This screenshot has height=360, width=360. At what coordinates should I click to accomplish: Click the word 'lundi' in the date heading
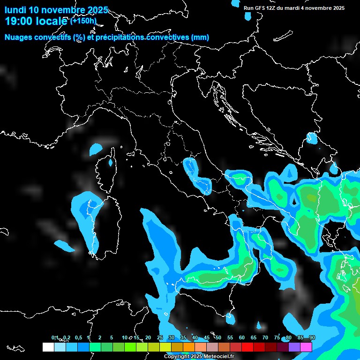(x=15, y=10)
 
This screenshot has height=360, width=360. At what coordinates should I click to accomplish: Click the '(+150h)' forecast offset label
(x=83, y=21)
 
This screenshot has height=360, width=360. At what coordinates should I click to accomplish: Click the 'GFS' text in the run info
(x=260, y=7)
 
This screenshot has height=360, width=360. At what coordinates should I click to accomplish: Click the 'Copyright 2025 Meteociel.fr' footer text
(x=199, y=357)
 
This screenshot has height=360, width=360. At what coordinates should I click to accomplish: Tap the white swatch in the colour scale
(x=48, y=347)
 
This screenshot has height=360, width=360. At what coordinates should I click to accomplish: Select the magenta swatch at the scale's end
(x=306, y=347)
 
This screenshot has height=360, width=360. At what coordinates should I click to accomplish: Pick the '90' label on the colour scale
(x=312, y=337)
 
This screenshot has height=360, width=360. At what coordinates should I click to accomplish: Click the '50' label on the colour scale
(x=218, y=337)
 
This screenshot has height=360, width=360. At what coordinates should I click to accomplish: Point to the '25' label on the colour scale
(x=160, y=337)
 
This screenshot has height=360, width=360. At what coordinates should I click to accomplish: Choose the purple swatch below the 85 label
(x=294, y=347)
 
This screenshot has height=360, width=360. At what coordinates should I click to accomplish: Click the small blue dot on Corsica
(x=111, y=163)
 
